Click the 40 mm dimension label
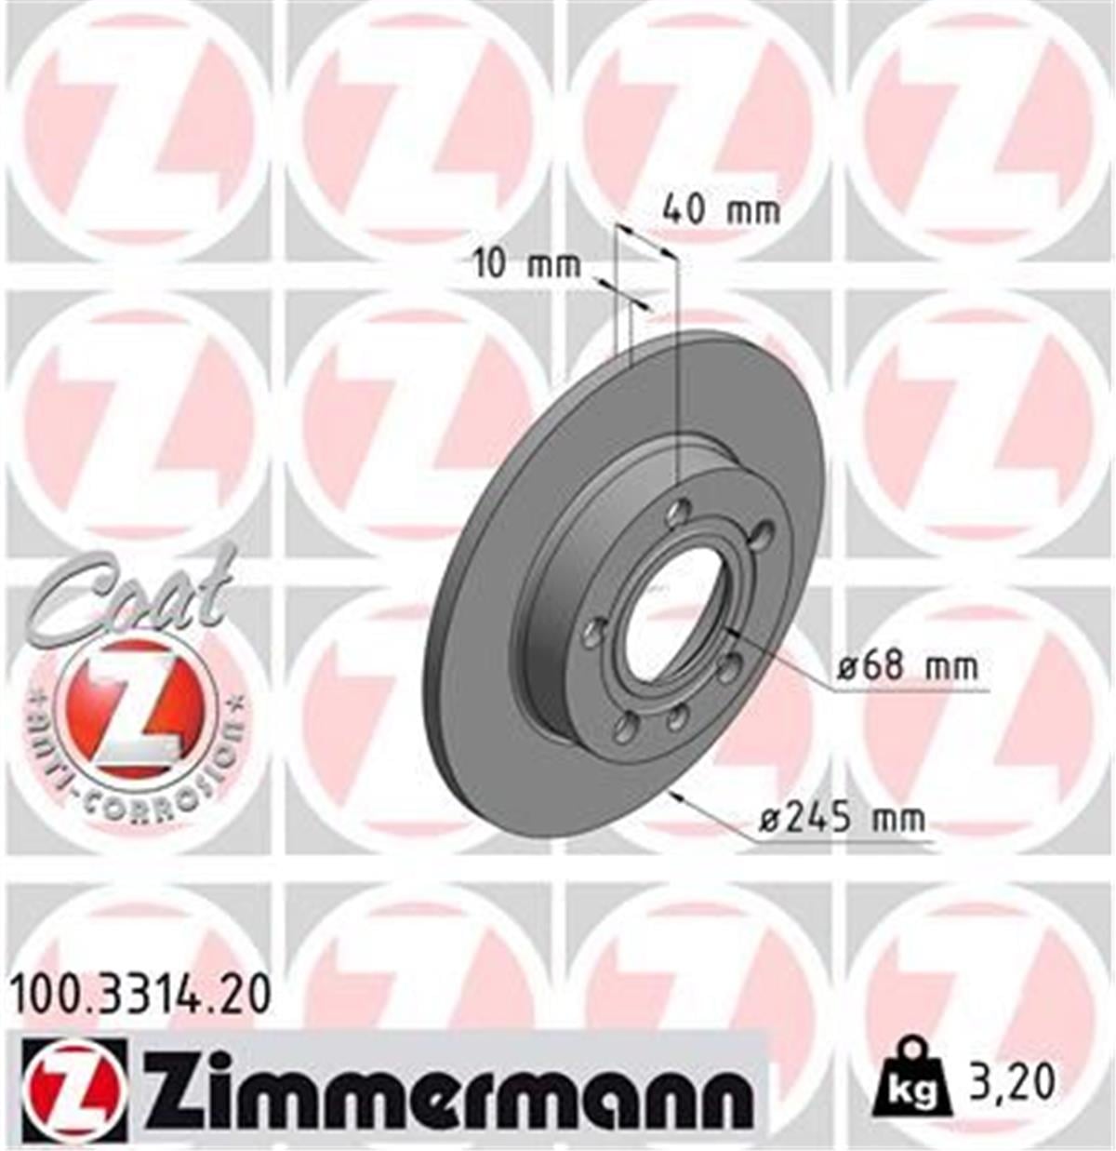[721, 210]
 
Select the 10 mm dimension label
[526, 264]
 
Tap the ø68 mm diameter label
[908, 666]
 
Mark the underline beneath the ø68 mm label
[908, 690]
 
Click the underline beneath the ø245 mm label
[842, 843]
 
